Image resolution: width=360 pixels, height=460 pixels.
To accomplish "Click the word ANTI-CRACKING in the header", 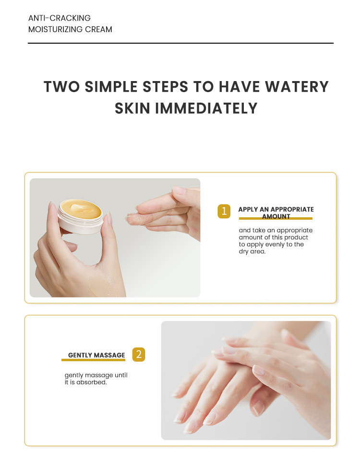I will point(60,18).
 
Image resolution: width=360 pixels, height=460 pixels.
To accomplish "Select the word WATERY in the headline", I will point(298,87).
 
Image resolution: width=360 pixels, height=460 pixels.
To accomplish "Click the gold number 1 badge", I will point(224,211).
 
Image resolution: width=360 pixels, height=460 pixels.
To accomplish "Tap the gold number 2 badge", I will point(138,354).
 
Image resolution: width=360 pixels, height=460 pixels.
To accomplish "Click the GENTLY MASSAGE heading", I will point(96,355).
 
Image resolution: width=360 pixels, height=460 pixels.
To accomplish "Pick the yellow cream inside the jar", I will point(81,209).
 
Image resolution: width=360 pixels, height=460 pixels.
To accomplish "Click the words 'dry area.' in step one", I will point(252,251).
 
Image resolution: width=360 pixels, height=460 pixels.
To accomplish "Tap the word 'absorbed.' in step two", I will point(92,382).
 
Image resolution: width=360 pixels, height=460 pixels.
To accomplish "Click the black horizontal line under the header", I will point(180,43).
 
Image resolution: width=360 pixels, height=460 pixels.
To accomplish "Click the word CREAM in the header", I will point(100,29).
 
